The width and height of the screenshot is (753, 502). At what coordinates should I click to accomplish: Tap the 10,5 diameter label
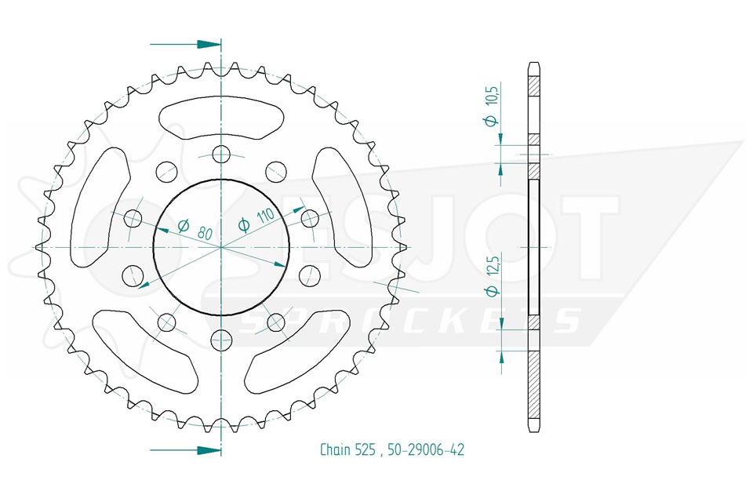(493, 93)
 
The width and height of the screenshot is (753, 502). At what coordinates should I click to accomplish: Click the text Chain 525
(347, 449)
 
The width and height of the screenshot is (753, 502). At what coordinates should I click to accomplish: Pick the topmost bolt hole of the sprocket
(221, 155)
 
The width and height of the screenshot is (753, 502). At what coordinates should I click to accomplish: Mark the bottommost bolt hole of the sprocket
(221, 340)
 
